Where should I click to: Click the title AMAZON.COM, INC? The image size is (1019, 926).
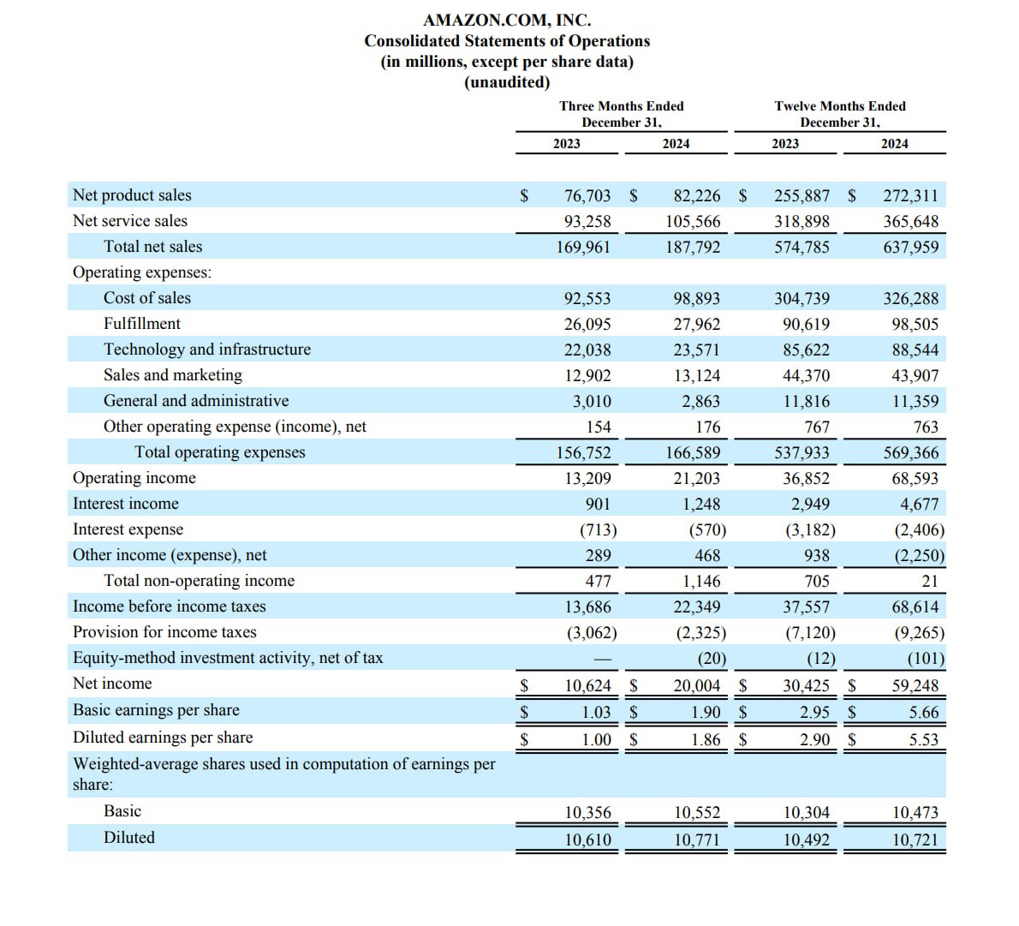[x=507, y=20]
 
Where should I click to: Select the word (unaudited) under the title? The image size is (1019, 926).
[x=507, y=82]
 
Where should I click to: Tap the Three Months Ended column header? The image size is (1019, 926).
[x=622, y=106]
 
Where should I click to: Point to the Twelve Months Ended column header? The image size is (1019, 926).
[x=840, y=106]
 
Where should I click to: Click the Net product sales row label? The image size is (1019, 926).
[x=132, y=195]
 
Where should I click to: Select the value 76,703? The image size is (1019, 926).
[x=588, y=196]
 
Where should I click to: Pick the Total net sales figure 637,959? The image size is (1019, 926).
[x=911, y=248]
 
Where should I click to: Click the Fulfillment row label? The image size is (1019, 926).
[x=142, y=324]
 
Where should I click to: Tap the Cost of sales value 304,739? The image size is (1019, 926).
[x=802, y=299]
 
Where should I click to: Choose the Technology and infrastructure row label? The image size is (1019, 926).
[x=207, y=349]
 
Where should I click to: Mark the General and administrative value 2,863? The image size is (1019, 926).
[x=701, y=402]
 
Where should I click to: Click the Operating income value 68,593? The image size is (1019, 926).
[x=915, y=479]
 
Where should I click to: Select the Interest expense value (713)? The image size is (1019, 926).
[x=599, y=530]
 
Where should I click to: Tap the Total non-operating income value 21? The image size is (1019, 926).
[x=930, y=582]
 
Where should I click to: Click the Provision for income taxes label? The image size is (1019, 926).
[x=164, y=632]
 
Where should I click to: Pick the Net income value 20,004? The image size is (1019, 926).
[x=697, y=686]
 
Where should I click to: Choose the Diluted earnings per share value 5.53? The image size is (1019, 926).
[x=924, y=739]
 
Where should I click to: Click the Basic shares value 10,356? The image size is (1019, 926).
[x=588, y=813]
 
